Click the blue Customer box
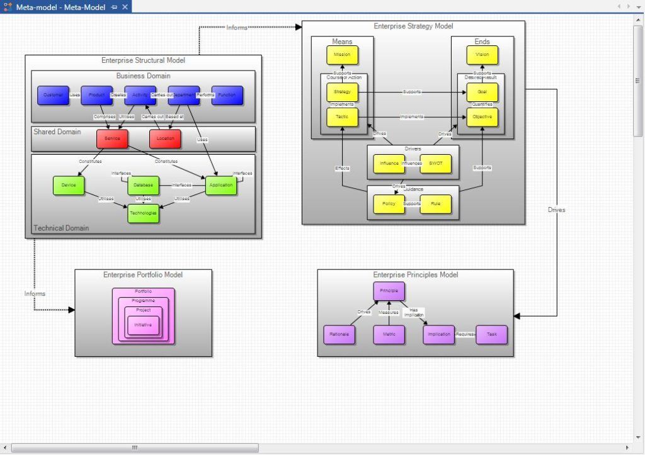(x=53, y=96)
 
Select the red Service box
(x=112, y=138)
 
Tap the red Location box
(x=165, y=138)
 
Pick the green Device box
(x=69, y=185)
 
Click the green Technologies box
(x=144, y=213)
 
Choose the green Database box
(x=144, y=185)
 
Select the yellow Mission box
(x=342, y=55)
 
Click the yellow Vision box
(x=482, y=55)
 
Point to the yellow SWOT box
(x=436, y=164)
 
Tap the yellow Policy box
(x=389, y=205)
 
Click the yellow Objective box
(x=482, y=117)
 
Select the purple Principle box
(x=389, y=291)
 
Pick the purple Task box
(x=491, y=334)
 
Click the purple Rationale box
(x=340, y=334)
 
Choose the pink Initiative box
(x=143, y=325)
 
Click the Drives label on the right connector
(x=556, y=210)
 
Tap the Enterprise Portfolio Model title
(x=143, y=275)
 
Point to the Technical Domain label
(x=61, y=228)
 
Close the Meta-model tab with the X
(x=125, y=6)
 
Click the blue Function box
(x=227, y=96)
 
